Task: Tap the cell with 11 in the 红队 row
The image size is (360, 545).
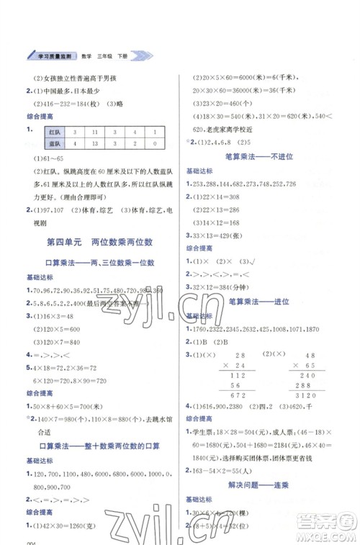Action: point(94,132)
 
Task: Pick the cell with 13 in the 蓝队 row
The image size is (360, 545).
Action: point(94,144)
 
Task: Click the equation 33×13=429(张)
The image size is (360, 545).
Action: point(220,236)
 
